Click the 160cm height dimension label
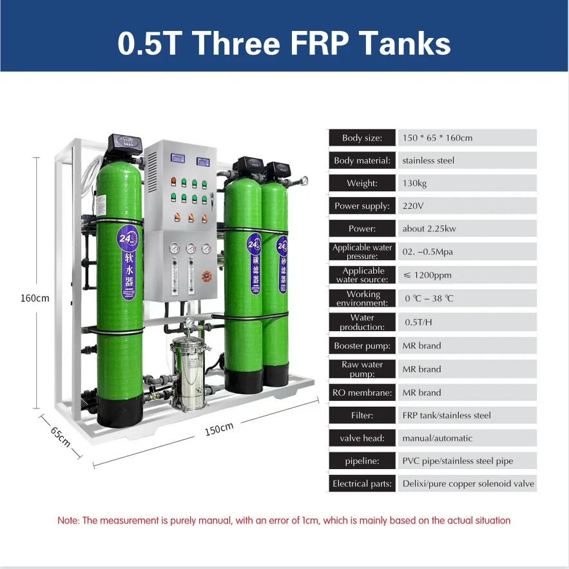tap(35, 298)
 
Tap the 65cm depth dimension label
tap(61, 436)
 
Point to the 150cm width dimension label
tap(218, 429)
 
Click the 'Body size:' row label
tap(362, 138)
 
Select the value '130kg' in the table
tap(414, 184)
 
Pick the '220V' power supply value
tap(413, 206)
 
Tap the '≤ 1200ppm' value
tap(427, 275)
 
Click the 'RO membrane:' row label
tap(362, 392)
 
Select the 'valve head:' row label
tap(362, 438)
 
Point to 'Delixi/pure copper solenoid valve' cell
tap(468, 483)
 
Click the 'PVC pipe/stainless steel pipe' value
tap(458, 461)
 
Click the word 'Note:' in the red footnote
tap(68, 520)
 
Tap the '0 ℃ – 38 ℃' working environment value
tap(429, 298)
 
